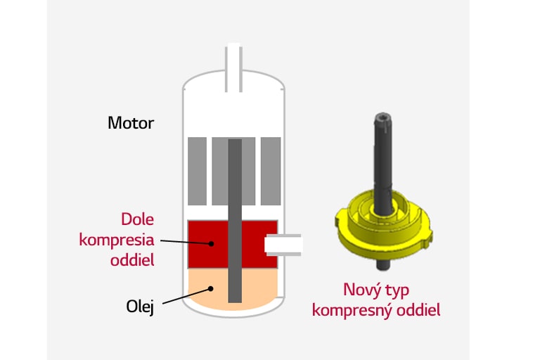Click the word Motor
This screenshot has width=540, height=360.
131,123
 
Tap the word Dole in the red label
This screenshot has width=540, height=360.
138,218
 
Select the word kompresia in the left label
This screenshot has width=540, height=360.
117,239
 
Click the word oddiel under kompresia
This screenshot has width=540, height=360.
132,260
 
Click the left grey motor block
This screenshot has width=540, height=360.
197,171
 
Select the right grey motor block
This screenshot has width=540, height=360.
271,171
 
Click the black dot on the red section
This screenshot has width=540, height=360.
212,244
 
